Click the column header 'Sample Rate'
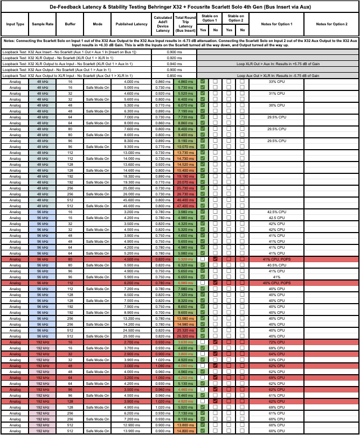click(43, 24)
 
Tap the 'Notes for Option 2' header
click(331, 24)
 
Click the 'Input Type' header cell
click(15, 24)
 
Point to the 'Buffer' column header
click(70, 24)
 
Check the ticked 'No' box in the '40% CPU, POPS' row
click(215, 283)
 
